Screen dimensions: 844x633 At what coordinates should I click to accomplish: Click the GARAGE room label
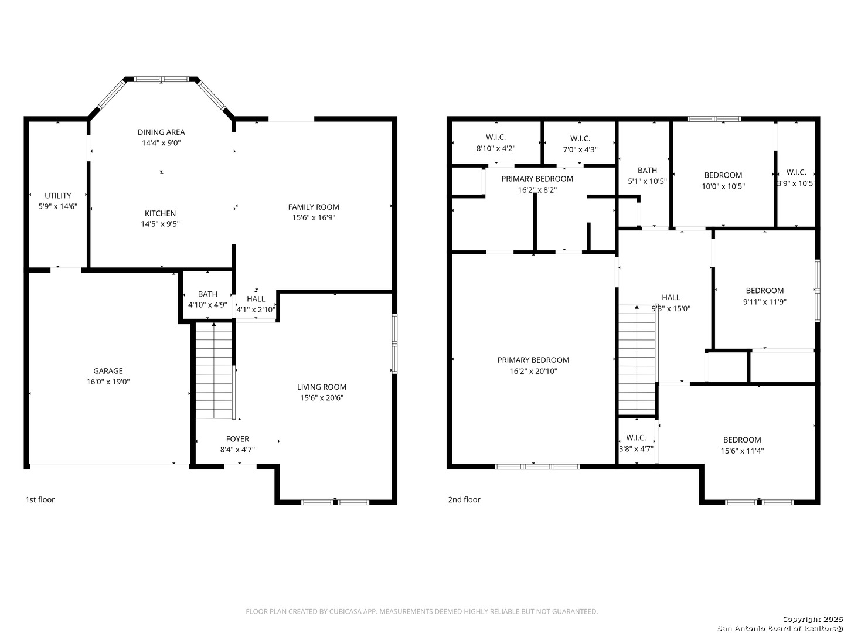[108, 371]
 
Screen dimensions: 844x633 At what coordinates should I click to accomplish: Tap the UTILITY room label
[57, 195]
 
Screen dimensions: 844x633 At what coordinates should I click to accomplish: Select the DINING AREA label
[161, 132]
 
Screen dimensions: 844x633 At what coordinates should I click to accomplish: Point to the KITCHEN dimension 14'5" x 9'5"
[161, 224]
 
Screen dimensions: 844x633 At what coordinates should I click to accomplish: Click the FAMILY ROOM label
[314, 207]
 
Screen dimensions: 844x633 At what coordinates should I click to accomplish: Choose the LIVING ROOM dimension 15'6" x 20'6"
[322, 398]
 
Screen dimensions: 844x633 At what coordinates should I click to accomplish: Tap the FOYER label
[237, 439]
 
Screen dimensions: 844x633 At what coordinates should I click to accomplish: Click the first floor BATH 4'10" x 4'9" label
[207, 300]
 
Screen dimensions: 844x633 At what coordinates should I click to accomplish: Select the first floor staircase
[214, 370]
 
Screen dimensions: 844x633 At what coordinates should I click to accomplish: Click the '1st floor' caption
[40, 499]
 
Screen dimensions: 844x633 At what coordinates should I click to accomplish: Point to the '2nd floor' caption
[464, 499]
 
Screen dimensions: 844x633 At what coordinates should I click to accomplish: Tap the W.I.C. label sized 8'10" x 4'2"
[496, 142]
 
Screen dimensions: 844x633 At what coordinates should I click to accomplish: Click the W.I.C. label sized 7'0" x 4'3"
[580, 144]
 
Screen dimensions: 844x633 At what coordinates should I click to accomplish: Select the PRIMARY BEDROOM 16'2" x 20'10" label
[533, 366]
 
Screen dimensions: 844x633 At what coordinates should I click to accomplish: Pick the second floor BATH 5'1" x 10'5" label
[647, 176]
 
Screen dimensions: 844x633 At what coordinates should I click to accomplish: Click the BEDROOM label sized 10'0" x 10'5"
[723, 181]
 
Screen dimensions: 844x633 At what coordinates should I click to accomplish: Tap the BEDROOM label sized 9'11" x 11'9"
[765, 296]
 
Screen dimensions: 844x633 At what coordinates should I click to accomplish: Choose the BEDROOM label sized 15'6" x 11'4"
[742, 445]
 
